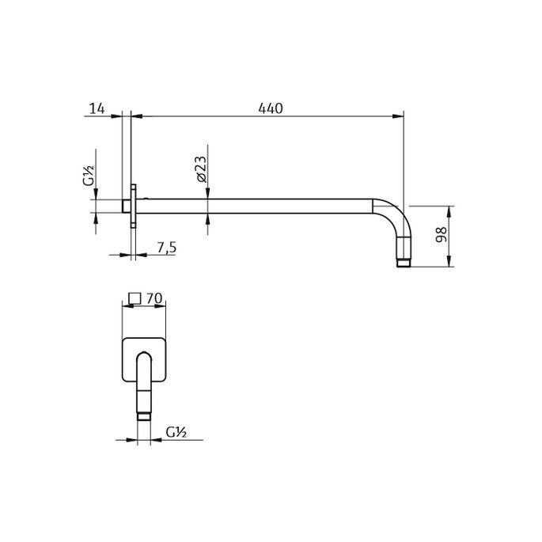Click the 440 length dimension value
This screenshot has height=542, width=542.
pos(269,107)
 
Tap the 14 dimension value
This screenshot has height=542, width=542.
pos(98,107)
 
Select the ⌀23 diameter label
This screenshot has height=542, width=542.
pos(200,170)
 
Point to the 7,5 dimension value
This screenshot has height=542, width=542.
pos(166,248)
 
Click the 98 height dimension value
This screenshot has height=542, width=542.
pos(442,235)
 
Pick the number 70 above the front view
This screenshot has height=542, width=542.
pos(154,298)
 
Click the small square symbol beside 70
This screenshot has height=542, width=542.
pos(135,298)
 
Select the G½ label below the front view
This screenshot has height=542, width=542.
pos(176,432)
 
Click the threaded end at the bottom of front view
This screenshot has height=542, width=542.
pos(144,413)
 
